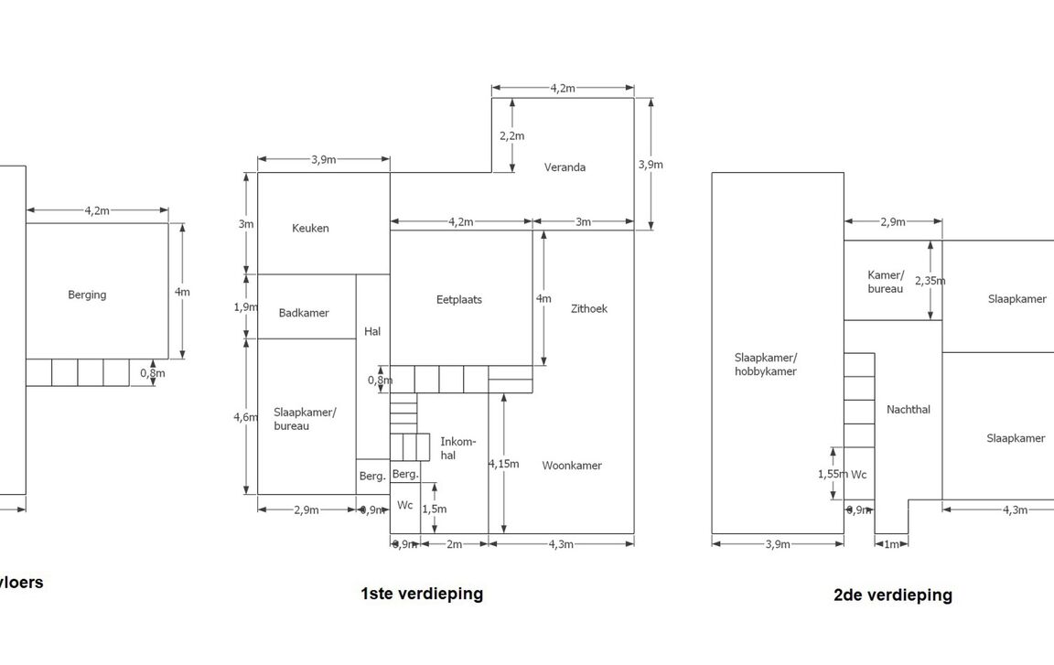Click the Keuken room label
coord(310,229)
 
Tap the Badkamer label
coord(304,313)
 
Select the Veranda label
coord(565,167)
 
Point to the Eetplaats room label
coord(460,299)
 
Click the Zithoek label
coord(588,308)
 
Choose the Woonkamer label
coord(572,466)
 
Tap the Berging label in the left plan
coord(87,295)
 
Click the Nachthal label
coord(909,410)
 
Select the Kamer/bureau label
coord(886,282)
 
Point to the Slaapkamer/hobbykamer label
coord(766,364)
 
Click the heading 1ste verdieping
coord(422,593)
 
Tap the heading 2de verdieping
coord(892,595)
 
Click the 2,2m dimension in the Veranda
coord(512,136)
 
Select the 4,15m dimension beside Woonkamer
coord(503,464)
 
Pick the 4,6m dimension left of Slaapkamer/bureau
coord(246,417)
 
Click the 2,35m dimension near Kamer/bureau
coord(930,281)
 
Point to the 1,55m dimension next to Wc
coord(833,475)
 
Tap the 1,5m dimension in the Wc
coord(435,509)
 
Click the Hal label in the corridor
coord(372,331)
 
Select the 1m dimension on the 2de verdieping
coord(891,544)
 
